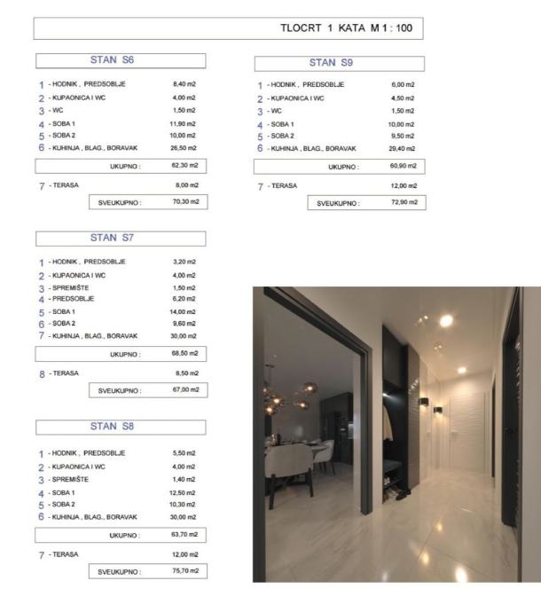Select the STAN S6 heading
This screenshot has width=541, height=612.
[120, 61]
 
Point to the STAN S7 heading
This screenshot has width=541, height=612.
[120, 238]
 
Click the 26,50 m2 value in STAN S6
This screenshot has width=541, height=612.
[185, 148]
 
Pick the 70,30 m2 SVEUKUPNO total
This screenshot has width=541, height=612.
[185, 202]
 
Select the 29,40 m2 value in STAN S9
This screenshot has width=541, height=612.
[403, 148]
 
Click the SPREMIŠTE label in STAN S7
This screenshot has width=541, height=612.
[70, 286]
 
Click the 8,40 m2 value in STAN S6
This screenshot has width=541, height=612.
[185, 84]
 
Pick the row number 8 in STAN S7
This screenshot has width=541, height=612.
[41, 373]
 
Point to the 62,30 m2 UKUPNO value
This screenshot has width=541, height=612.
[185, 164]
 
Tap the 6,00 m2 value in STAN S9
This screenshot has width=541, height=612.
[403, 84]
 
